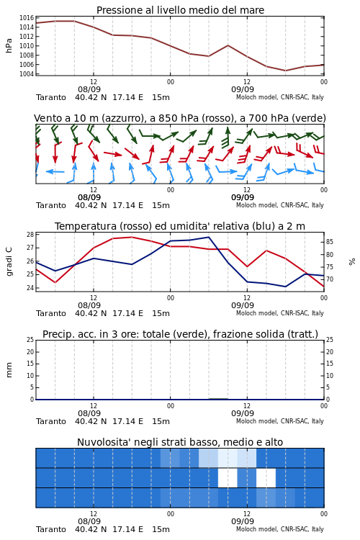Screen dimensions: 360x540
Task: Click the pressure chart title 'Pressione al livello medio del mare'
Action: [180, 10]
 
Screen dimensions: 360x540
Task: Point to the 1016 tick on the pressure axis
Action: [27, 18]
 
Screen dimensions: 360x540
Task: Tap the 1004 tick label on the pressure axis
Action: [27, 73]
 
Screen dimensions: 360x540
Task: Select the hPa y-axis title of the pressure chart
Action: [9, 45]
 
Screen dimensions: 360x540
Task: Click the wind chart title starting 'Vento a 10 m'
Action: [180, 118]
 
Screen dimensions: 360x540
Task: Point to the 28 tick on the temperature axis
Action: [30, 235]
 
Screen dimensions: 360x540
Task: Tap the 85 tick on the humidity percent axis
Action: [330, 242]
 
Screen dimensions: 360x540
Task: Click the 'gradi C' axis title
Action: [9, 261]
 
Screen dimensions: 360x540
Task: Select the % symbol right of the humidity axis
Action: [352, 262]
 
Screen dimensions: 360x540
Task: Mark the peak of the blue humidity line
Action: [208, 237]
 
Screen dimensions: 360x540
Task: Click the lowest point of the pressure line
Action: [285, 71]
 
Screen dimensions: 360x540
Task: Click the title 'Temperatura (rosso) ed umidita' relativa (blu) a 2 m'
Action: [180, 226]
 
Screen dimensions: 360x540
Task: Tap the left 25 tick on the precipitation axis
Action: [30, 340]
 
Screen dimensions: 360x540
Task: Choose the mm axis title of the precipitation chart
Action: [9, 370]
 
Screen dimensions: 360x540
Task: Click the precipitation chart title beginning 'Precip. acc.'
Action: [180, 334]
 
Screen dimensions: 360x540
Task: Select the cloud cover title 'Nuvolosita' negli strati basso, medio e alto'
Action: [180, 442]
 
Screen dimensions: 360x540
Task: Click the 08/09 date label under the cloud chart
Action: [89, 521]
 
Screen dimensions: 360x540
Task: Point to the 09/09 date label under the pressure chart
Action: [243, 89]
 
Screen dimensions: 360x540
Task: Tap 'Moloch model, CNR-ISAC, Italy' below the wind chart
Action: [280, 205]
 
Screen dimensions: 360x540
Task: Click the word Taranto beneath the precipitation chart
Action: [51, 421]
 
